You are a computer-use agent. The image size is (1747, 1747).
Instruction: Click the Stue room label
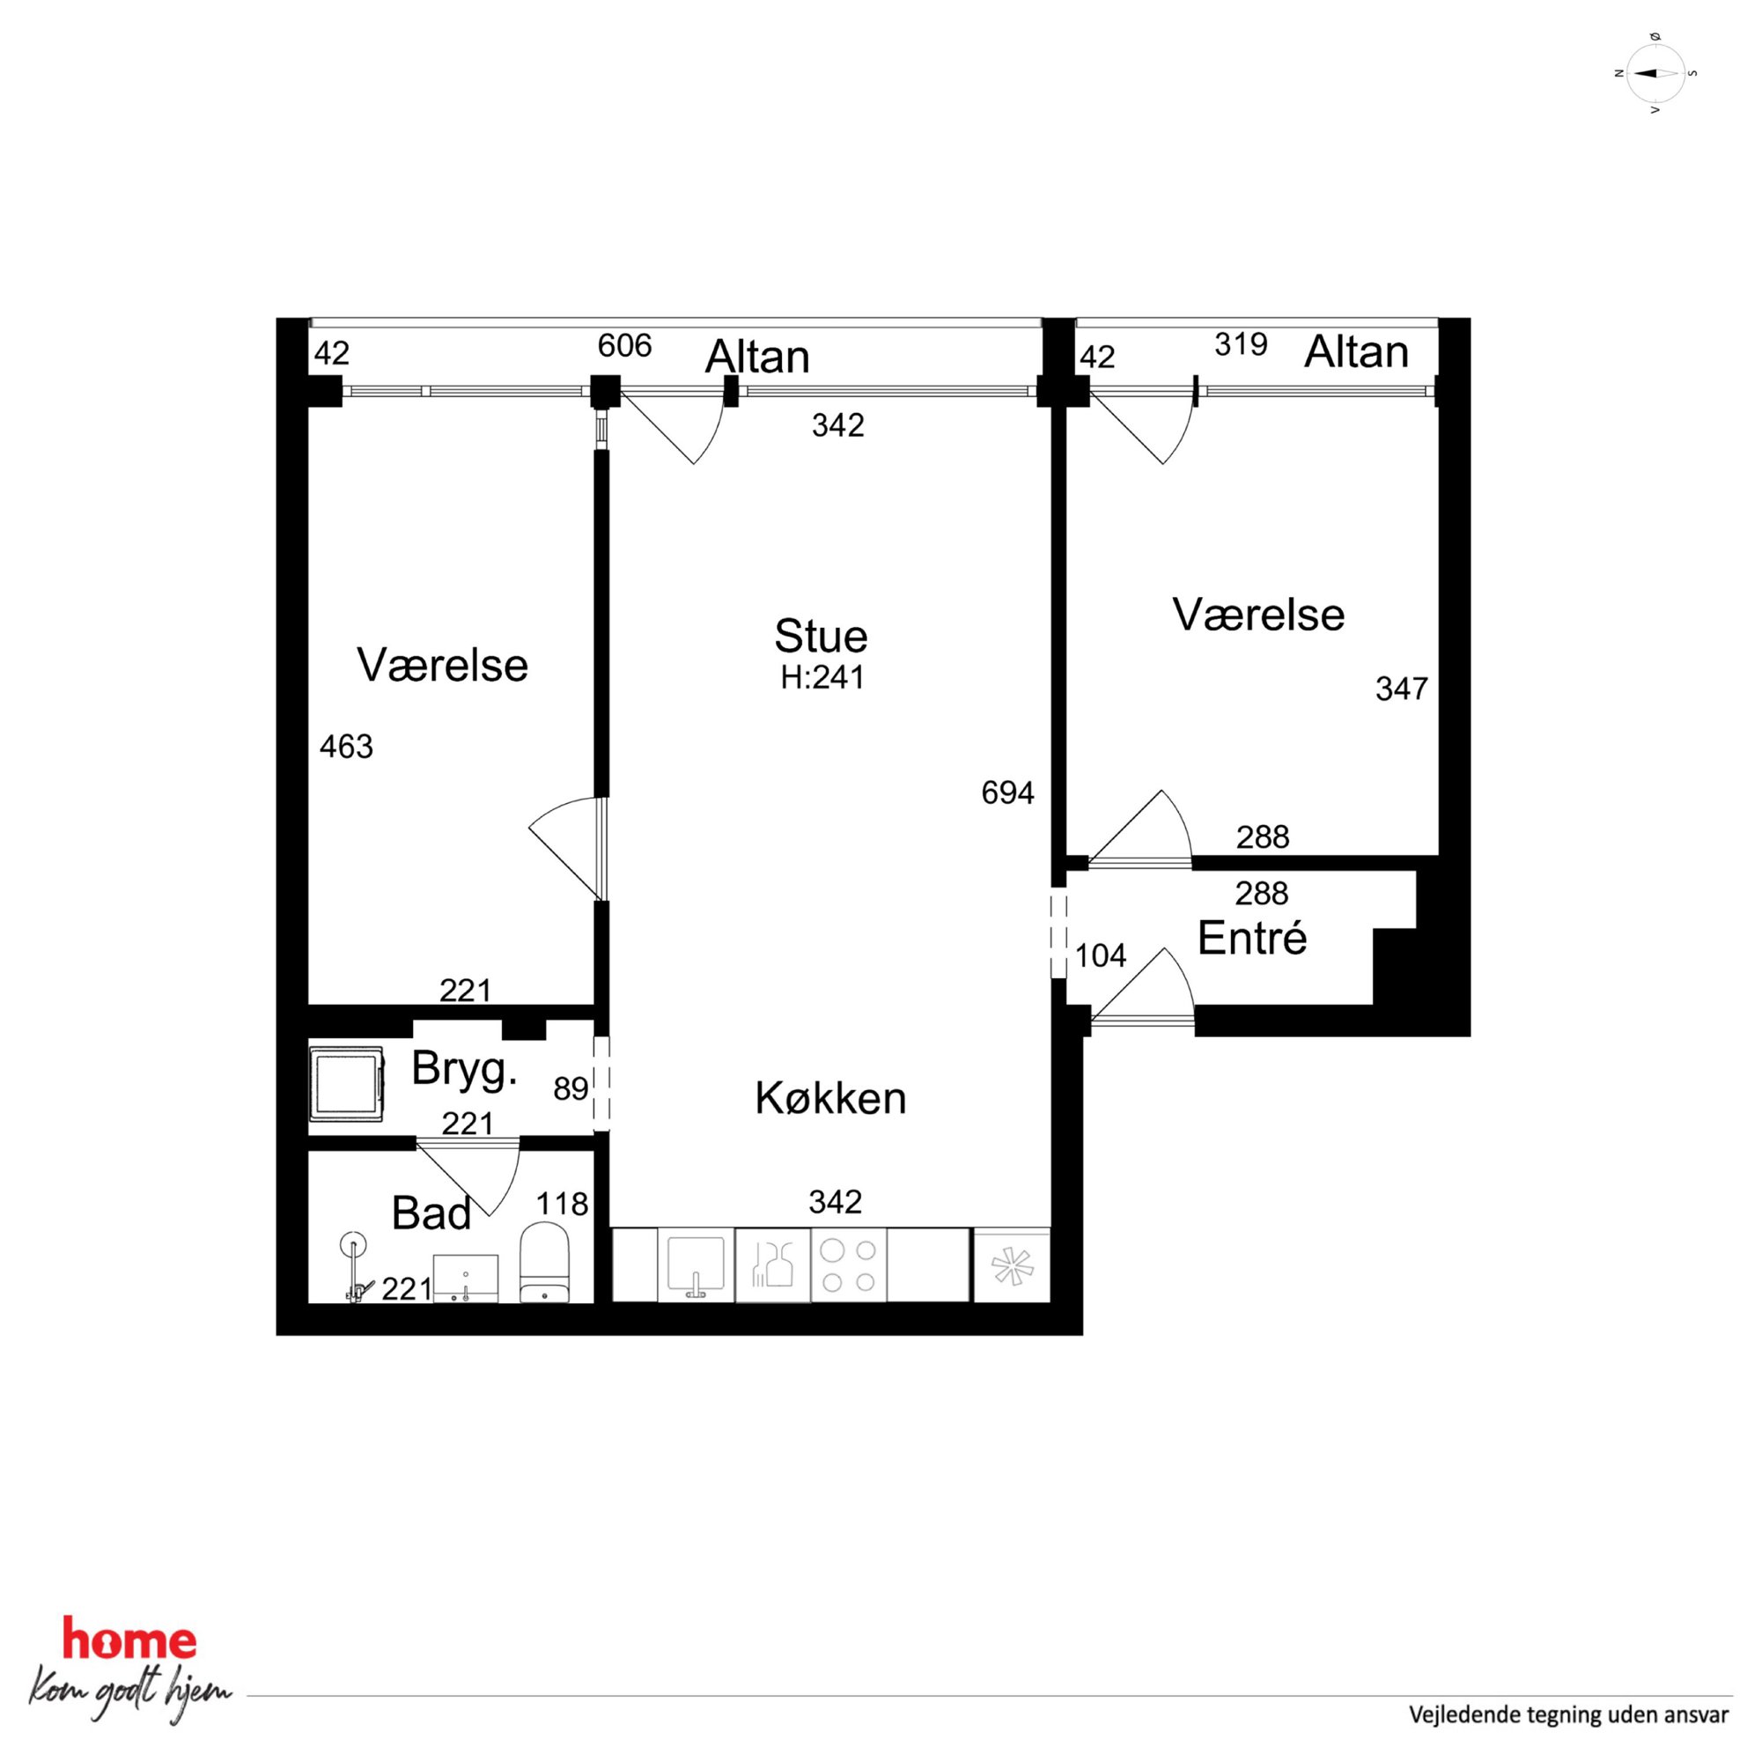pos(820,637)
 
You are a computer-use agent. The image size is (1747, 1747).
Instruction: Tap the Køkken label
pos(830,1098)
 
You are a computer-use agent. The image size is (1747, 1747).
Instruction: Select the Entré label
pos(1251,938)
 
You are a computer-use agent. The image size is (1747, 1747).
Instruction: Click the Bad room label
pos(431,1213)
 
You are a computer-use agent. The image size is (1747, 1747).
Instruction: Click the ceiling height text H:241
pos(822,677)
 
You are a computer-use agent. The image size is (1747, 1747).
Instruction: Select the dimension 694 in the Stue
pos(1007,793)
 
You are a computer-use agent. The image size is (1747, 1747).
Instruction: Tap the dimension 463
pos(346,746)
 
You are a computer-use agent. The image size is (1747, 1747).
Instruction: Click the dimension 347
pos(1402,689)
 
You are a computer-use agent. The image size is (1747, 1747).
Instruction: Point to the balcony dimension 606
pos(625,345)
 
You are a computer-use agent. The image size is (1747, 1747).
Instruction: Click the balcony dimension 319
pos(1241,344)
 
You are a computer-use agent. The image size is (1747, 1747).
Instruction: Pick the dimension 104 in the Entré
pos(1101,955)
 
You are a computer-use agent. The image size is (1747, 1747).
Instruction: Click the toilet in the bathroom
pos(544,1263)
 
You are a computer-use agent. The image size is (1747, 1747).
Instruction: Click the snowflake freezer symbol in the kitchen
pos(1012,1266)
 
